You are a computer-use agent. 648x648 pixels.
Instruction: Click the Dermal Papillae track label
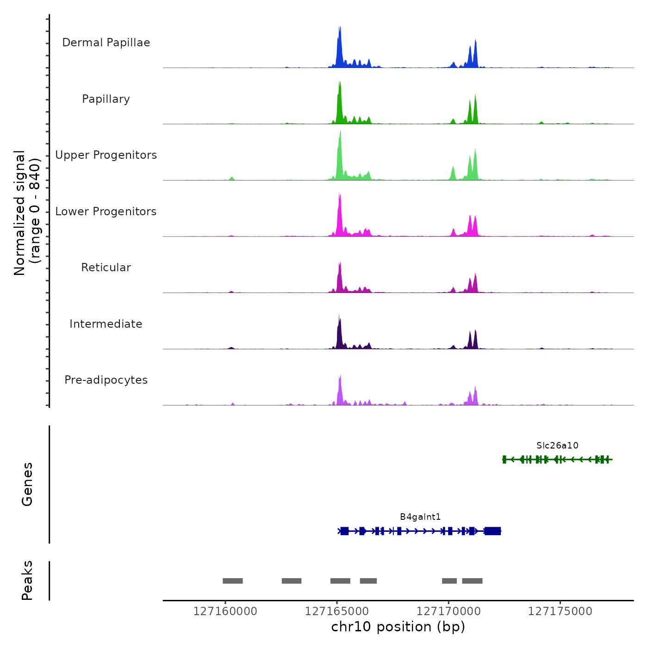click(106, 43)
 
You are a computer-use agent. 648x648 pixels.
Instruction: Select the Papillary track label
click(106, 99)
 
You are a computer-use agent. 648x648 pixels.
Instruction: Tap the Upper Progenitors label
click(106, 155)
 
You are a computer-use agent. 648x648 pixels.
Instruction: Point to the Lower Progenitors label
click(106, 212)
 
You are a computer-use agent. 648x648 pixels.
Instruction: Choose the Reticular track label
click(106, 268)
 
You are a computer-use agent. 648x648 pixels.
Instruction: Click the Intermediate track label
click(106, 324)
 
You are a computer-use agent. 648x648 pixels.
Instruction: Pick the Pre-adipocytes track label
click(106, 380)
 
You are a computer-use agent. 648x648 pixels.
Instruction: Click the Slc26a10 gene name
click(557, 446)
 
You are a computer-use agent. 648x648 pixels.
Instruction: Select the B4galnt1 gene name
click(420, 517)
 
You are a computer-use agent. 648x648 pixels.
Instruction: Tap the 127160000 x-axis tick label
click(225, 611)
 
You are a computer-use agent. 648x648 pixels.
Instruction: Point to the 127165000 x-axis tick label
click(337, 611)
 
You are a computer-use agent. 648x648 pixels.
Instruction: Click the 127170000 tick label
click(449, 611)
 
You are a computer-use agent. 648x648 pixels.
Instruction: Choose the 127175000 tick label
click(560, 611)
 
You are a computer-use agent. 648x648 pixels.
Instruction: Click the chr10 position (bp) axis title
click(398, 627)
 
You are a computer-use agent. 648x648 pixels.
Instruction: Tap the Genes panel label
click(27, 484)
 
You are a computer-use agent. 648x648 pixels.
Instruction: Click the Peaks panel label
click(27, 580)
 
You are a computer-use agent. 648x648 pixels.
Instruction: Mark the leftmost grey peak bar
click(233, 581)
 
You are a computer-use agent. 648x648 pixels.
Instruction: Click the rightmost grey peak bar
click(472, 581)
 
